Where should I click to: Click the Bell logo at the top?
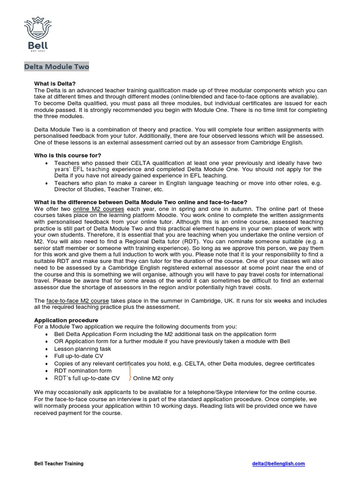pyautogui.click(x=36, y=34)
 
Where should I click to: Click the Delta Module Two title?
pyautogui.click(x=56, y=67)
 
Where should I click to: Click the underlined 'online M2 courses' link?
pyautogui.click(x=98, y=209)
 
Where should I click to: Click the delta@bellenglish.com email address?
pyautogui.click(x=278, y=464)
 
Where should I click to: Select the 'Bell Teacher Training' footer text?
pyautogui.click(x=59, y=464)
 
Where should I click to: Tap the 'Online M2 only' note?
pyautogui.click(x=153, y=378)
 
